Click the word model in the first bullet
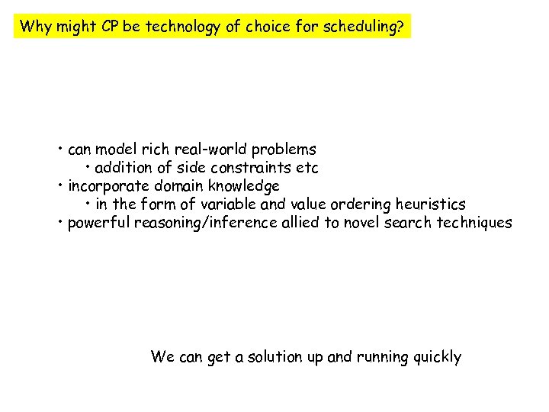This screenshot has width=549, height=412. point(115,150)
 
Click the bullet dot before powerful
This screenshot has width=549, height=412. point(60,222)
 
